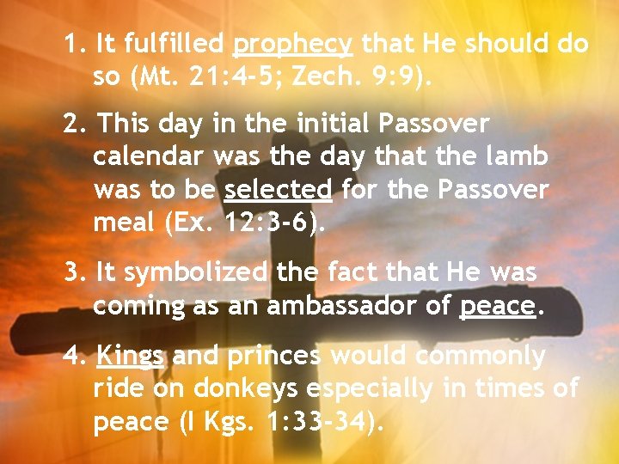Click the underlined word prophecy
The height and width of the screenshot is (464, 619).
coord(292,43)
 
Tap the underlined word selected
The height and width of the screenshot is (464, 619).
coord(278,189)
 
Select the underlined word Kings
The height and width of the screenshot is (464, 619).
coord(131,356)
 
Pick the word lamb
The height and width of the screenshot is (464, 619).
coord(516,156)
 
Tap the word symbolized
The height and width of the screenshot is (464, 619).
coord(196,273)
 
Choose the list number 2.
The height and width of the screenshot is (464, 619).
coord(74,124)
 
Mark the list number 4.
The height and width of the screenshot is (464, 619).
coord(74,356)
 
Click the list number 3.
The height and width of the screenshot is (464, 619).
coord(74,273)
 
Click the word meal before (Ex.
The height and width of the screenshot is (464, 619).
coord(120,223)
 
